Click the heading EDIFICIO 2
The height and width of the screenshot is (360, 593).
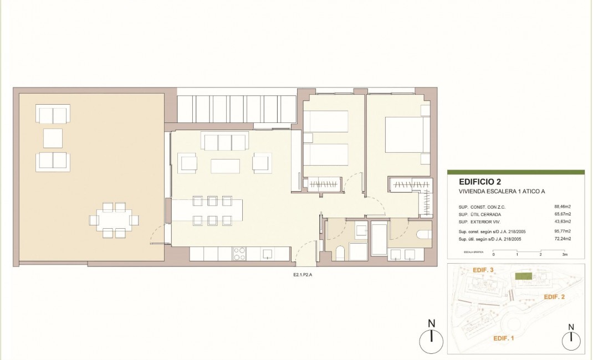tap(480, 182)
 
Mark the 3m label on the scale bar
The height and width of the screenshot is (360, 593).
tap(565, 256)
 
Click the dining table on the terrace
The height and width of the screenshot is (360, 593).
tap(114, 220)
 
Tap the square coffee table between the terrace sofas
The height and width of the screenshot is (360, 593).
tap(53, 138)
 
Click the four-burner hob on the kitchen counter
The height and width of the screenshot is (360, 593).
tap(239, 254)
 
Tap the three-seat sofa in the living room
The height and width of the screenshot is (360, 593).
tap(225, 142)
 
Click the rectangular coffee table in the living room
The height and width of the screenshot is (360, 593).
tap(225, 166)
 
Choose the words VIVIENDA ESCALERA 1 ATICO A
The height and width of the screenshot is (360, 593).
tap(502, 192)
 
